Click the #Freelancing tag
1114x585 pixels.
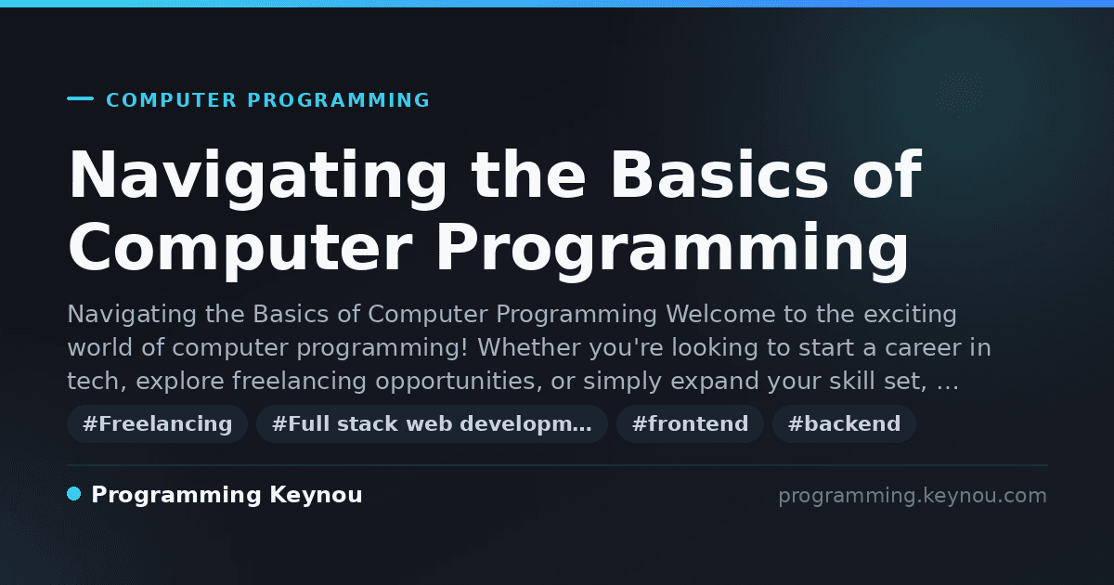tap(157, 423)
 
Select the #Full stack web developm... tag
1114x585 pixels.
tap(432, 423)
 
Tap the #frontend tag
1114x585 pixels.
tap(690, 423)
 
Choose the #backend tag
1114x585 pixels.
tap(844, 423)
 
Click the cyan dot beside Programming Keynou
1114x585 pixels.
tap(74, 494)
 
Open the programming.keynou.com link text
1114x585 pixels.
tap(913, 496)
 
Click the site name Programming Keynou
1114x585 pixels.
tap(227, 495)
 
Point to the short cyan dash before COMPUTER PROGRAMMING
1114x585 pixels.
tap(80, 98)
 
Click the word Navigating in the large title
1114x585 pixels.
tap(258, 176)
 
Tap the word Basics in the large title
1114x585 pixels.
tap(719, 175)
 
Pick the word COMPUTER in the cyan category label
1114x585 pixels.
tap(171, 100)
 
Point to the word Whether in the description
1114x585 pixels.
tap(529, 347)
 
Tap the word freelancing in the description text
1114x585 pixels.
tap(299, 381)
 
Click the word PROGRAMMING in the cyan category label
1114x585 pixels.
tap(338, 100)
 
